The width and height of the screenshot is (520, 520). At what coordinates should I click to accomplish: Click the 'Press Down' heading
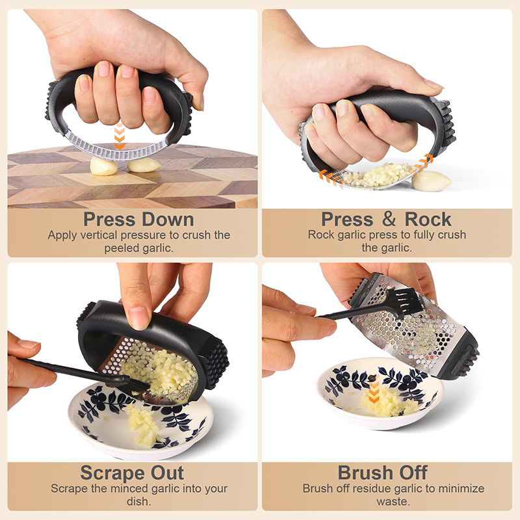coord(138,220)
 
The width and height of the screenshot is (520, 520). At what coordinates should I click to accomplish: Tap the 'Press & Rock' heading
coord(386,219)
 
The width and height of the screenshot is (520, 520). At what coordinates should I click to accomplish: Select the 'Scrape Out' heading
coord(132,473)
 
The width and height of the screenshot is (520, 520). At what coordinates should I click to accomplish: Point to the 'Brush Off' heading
coord(382,473)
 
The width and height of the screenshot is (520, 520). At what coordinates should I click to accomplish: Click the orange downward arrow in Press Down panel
coord(120,136)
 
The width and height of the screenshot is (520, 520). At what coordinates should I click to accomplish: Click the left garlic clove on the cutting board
coord(103,166)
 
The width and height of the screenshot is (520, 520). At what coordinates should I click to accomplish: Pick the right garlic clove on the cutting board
coord(144,165)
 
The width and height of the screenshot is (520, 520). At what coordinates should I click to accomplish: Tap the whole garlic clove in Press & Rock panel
coord(431,181)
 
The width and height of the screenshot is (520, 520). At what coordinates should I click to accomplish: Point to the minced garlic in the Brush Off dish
coord(389,402)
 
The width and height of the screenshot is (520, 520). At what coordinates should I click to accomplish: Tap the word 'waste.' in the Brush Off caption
coord(393,501)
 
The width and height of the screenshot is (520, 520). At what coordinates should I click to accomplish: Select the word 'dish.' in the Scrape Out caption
coord(138,501)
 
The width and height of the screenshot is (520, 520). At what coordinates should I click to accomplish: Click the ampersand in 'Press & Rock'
coord(389,219)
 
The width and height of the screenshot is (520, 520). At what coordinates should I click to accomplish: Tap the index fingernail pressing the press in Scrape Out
coord(138,318)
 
